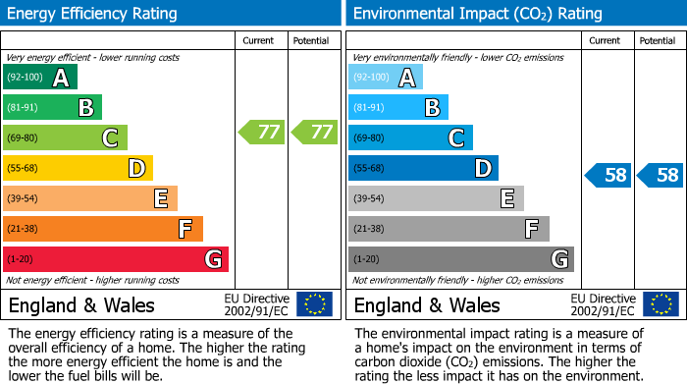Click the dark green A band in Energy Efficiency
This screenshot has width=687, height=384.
(40, 78)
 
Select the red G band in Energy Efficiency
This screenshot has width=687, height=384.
(116, 259)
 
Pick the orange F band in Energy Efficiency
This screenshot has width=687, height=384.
(103, 229)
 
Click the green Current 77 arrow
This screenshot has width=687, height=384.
(262, 132)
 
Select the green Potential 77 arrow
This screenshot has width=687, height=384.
(314, 132)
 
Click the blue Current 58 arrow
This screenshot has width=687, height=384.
(608, 176)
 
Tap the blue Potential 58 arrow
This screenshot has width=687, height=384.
(661, 176)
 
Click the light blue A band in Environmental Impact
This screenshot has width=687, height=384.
(386, 78)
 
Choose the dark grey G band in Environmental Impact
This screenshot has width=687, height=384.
(461, 259)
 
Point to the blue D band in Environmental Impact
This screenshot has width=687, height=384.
(423, 168)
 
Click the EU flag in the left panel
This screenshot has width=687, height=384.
(315, 303)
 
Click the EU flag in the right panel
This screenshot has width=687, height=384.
(661, 303)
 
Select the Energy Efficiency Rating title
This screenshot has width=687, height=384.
(93, 14)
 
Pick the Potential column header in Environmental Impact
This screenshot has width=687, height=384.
(658, 40)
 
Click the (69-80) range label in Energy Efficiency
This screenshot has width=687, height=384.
(21, 138)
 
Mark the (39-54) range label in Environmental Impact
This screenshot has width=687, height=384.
(369, 199)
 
